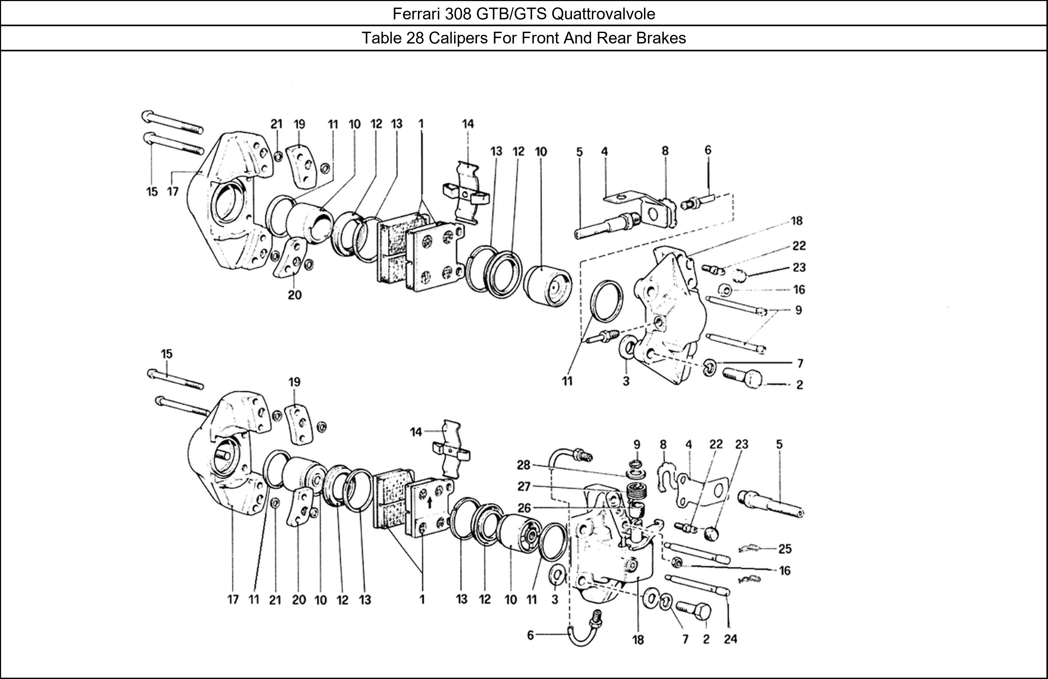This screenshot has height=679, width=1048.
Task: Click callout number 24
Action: click(730, 638)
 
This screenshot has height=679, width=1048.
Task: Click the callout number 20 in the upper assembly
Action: click(294, 295)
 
